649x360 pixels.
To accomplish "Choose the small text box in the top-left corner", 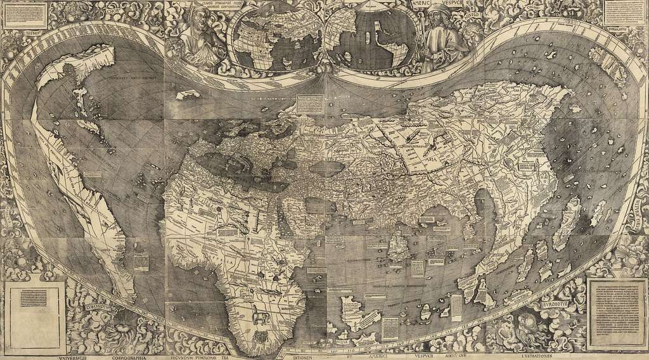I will point(22,13).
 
